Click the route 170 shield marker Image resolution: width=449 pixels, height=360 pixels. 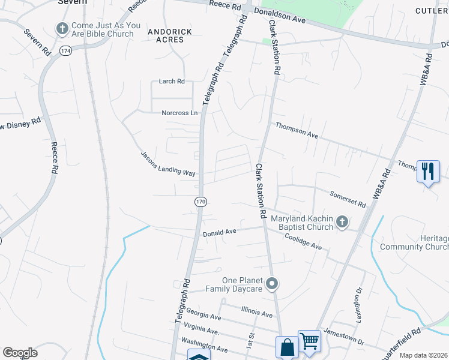200,202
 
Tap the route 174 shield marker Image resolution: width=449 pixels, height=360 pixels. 65,52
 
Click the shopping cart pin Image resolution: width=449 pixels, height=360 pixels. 309,341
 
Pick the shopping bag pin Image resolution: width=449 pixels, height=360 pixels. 287,347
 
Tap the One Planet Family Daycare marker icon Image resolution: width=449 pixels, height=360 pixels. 273,283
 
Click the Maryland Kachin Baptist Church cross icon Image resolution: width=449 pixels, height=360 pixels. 342,223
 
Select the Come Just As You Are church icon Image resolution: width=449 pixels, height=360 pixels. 62,28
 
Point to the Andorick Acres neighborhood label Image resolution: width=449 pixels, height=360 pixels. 170,35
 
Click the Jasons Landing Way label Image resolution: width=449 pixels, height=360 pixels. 168,163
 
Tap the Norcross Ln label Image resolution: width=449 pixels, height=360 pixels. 179,113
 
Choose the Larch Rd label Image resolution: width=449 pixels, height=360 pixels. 172,81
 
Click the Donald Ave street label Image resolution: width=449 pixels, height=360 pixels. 220,232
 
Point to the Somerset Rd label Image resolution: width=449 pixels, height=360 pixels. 348,198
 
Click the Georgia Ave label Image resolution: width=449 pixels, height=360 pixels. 203,314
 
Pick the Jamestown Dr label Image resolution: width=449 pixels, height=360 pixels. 344,336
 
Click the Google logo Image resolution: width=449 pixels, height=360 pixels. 20,353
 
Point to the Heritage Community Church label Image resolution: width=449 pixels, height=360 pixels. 415,242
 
